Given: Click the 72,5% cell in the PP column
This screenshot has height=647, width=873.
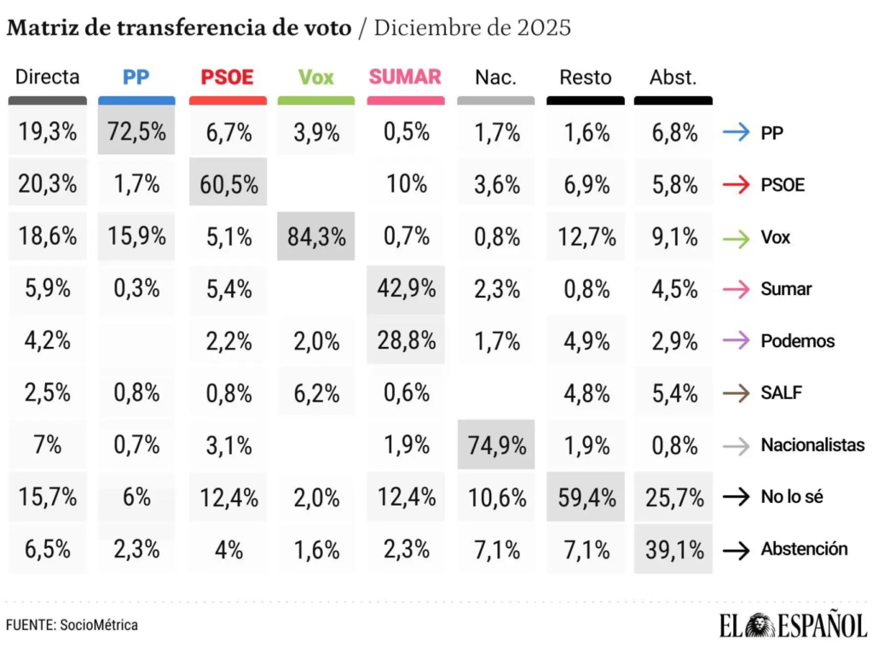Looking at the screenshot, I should click(136, 132).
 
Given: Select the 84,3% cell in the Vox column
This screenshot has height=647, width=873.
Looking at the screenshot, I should click(315, 236).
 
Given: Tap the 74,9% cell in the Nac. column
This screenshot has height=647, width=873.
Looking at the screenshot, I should click(495, 444).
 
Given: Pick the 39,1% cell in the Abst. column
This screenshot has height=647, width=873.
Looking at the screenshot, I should click(674, 549).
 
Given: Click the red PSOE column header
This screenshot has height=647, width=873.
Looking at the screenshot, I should click(227, 78).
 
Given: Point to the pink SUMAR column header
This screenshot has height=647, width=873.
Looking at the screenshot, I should click(405, 77).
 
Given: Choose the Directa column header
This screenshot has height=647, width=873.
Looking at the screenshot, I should click(47, 78).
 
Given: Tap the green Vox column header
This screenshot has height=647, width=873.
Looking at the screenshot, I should click(315, 78).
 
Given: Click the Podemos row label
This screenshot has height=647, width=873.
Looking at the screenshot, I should click(798, 341).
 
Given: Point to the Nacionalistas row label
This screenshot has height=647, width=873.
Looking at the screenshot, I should click(812, 445).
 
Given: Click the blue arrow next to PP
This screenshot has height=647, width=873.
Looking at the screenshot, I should click(736, 133).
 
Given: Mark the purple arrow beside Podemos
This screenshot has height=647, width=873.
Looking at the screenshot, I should click(736, 341).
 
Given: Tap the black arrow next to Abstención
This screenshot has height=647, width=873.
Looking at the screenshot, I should click(736, 550).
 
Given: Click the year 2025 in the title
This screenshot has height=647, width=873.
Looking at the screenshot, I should click(543, 27).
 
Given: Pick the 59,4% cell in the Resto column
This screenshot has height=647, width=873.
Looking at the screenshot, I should click(586, 497).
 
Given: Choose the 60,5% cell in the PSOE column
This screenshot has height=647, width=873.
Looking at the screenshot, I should click(227, 184).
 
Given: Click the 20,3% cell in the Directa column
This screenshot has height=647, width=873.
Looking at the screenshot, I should click(47, 184).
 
